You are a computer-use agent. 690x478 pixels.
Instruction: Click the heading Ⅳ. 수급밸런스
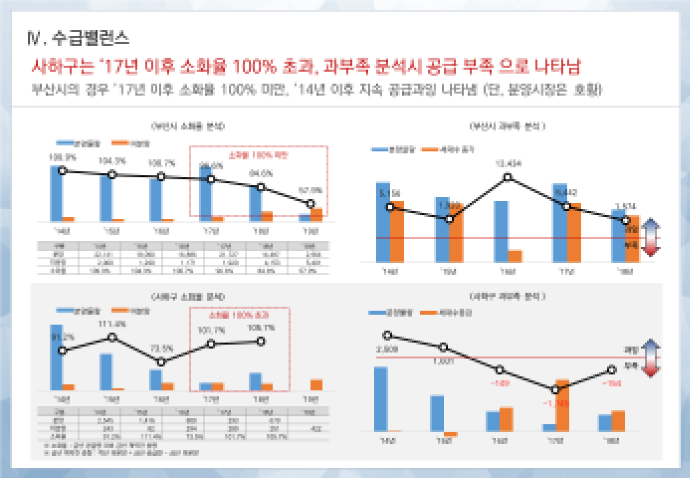[x=79, y=37]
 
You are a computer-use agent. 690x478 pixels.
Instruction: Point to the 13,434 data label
[x=508, y=164]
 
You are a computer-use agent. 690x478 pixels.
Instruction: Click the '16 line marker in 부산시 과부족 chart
[x=508, y=177]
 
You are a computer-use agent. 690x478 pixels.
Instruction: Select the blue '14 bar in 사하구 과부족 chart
[x=380, y=398]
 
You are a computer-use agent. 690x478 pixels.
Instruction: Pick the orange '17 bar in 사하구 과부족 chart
[x=562, y=405]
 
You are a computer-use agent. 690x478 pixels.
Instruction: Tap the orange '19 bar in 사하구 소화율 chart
[x=316, y=384]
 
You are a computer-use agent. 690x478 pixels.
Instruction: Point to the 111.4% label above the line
[x=111, y=324]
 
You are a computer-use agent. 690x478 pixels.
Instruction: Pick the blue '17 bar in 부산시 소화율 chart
[x=206, y=193]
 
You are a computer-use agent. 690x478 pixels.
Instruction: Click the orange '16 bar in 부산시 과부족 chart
[x=515, y=256]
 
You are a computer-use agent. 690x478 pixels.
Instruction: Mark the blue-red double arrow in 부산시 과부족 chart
[x=650, y=236]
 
